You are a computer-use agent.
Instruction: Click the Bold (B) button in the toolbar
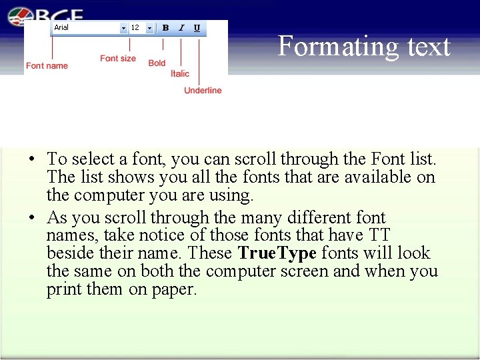[x=165, y=28]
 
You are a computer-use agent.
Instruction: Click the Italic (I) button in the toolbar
[x=181, y=28]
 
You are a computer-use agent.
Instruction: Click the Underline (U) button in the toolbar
[x=197, y=28]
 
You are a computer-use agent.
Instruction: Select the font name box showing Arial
[x=85, y=28]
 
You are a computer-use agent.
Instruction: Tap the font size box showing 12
[x=137, y=28]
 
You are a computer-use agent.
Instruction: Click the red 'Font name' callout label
[x=47, y=65]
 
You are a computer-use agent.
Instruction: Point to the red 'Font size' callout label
[x=118, y=59]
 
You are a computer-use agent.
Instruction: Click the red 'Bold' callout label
[x=157, y=63]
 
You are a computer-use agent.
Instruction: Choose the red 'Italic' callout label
[x=180, y=74]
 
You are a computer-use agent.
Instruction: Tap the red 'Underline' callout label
[x=203, y=91]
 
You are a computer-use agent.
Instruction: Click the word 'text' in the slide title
[x=427, y=47]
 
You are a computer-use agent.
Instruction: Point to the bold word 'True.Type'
[x=277, y=253]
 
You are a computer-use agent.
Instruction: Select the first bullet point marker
[x=31, y=160]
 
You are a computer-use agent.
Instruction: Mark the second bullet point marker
[x=31, y=219]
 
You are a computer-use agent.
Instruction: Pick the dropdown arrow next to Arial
[x=123, y=28]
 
